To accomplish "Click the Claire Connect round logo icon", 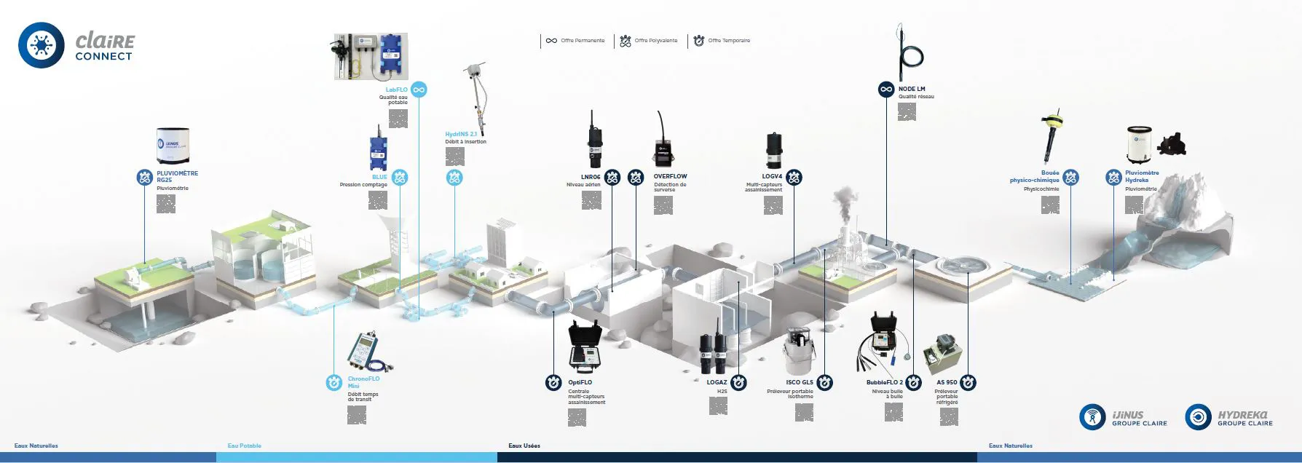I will coord(41,45).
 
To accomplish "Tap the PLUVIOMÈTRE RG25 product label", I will coord(177,176).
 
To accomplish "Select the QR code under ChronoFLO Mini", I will coord(356,415).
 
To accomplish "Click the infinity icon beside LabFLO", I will coord(419,90).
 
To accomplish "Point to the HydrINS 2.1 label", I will coord(461,134).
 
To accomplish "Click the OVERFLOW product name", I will coord(670,176).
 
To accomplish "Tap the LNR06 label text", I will coord(591,177).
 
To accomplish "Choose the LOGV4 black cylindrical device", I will coord(773,150).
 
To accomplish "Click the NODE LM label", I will coord(912,89).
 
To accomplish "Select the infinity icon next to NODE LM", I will coord(886,90).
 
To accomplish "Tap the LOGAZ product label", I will coord(717,382).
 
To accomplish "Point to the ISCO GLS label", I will coord(800,382).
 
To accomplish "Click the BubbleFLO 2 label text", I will coord(884,382).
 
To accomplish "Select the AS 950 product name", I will coord(947,382).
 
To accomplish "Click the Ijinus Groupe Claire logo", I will coord(1123,417).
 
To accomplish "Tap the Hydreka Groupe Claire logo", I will coord(1229,417).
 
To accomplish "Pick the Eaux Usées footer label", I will coord(524,446).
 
